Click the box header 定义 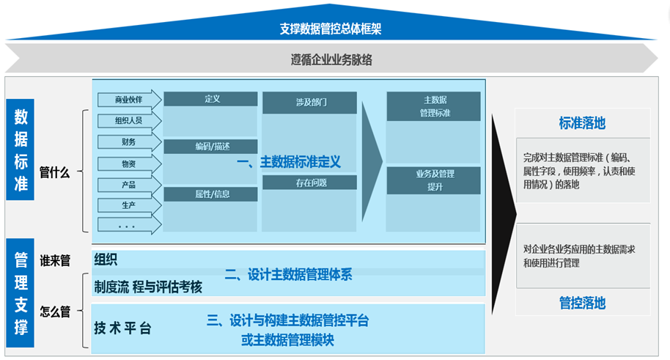point(211,99)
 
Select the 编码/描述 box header point(211,147)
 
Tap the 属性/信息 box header point(211,194)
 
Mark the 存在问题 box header point(309,182)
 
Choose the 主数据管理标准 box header point(434,106)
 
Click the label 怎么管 point(55,312)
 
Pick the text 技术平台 point(122,328)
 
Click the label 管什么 point(55,173)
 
